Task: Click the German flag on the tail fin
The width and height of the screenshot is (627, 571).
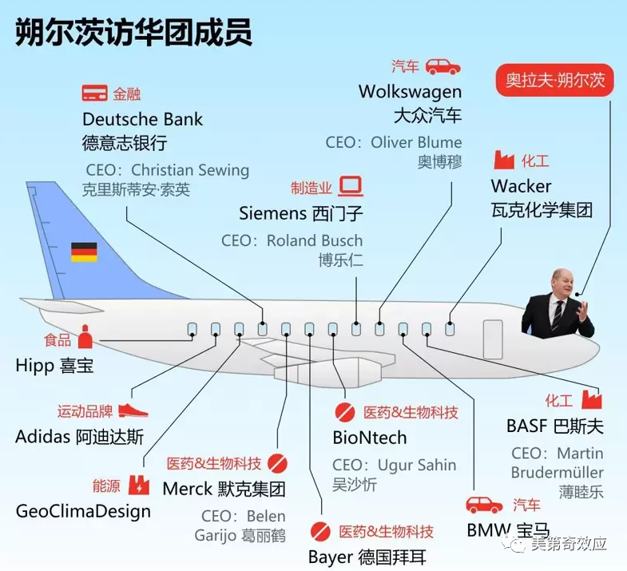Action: [x=84, y=252]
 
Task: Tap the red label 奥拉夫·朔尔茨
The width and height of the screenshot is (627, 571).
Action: [x=554, y=80]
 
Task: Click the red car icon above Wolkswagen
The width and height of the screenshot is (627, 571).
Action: [x=442, y=67]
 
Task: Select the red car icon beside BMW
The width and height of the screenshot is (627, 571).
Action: [x=484, y=505]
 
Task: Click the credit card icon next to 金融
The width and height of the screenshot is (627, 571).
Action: [x=94, y=93]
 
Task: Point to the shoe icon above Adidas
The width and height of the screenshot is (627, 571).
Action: [x=133, y=410]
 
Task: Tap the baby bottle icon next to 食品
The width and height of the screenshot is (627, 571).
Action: [x=85, y=336]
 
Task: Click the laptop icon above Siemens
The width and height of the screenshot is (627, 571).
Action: [x=351, y=186]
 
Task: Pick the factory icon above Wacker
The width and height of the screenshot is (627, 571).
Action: [x=504, y=160]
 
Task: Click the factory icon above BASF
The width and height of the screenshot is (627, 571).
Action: [x=592, y=399]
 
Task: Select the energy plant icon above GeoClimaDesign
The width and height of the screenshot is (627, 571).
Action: [x=139, y=486]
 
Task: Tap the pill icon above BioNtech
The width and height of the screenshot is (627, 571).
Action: [x=345, y=412]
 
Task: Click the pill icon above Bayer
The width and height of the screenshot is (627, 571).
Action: [x=320, y=531]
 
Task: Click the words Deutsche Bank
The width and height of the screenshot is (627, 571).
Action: [x=142, y=119]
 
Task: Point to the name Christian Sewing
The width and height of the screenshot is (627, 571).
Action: [x=190, y=170]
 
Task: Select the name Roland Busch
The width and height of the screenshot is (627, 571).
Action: [x=315, y=240]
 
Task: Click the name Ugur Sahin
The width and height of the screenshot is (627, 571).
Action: [x=417, y=465]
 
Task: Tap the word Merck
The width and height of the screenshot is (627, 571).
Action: [x=188, y=489]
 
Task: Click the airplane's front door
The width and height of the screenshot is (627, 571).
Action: [x=493, y=339]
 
